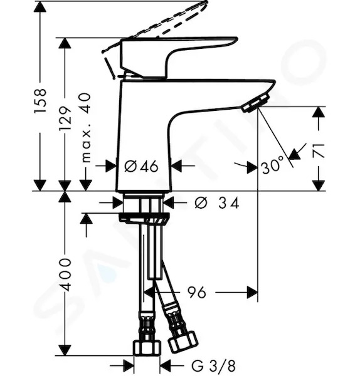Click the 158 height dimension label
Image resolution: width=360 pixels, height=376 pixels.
point(40,101)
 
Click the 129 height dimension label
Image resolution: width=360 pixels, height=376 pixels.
point(65,118)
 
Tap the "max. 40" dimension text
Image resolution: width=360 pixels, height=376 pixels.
point(86,128)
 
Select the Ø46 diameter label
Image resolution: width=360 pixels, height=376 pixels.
point(141,166)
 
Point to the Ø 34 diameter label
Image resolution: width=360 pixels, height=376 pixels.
point(217,203)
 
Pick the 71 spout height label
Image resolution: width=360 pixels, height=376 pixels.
point(319,150)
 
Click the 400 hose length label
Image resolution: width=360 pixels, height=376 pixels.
point(65,274)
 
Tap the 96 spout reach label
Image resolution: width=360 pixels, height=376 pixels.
point(196,292)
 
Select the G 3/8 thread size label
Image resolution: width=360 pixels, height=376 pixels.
point(213,366)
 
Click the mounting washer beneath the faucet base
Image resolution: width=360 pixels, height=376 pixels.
point(144,218)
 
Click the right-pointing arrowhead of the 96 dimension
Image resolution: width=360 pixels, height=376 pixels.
point(253,292)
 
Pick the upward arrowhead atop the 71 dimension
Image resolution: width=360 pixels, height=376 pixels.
point(319,112)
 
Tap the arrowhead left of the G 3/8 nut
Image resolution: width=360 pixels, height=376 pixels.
point(128,366)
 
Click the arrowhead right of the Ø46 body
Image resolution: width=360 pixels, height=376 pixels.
point(177,165)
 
